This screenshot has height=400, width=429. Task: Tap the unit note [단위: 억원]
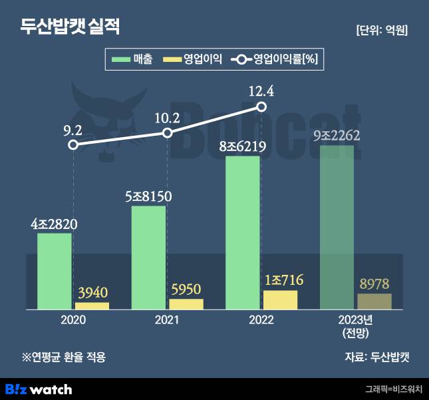(x=382, y=30)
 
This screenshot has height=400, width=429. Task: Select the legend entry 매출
(x=133, y=60)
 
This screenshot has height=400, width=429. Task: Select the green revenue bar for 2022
(x=243, y=233)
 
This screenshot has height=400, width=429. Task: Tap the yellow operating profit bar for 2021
(x=186, y=304)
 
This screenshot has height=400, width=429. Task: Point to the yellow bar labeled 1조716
(x=280, y=300)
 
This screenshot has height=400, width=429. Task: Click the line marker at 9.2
(x=73, y=144)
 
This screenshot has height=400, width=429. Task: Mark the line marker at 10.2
(x=168, y=133)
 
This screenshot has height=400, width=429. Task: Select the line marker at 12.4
(x=261, y=107)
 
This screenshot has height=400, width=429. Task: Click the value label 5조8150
(x=149, y=197)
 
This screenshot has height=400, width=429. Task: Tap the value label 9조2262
(x=337, y=136)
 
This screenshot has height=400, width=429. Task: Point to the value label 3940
(x=92, y=293)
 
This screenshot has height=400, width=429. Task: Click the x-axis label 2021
(x=167, y=320)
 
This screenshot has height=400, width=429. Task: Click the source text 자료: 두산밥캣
(x=376, y=357)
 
